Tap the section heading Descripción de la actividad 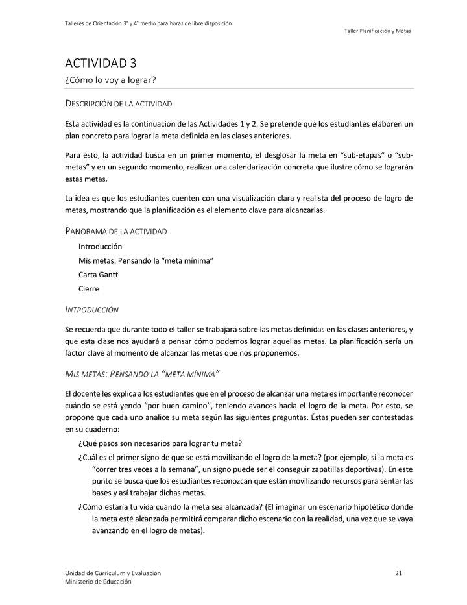click(119, 104)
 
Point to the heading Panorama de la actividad click(116, 231)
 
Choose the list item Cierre click(89, 289)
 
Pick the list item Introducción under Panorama click(100, 247)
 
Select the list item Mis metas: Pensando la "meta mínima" click(146, 260)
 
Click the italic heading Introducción click(91, 310)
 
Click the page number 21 click(398, 573)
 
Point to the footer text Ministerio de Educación click(98, 582)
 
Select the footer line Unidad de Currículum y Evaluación click(113, 573)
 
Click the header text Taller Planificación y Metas click(377, 31)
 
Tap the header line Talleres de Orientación click(149, 23)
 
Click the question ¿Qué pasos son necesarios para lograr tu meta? click(160, 443)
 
